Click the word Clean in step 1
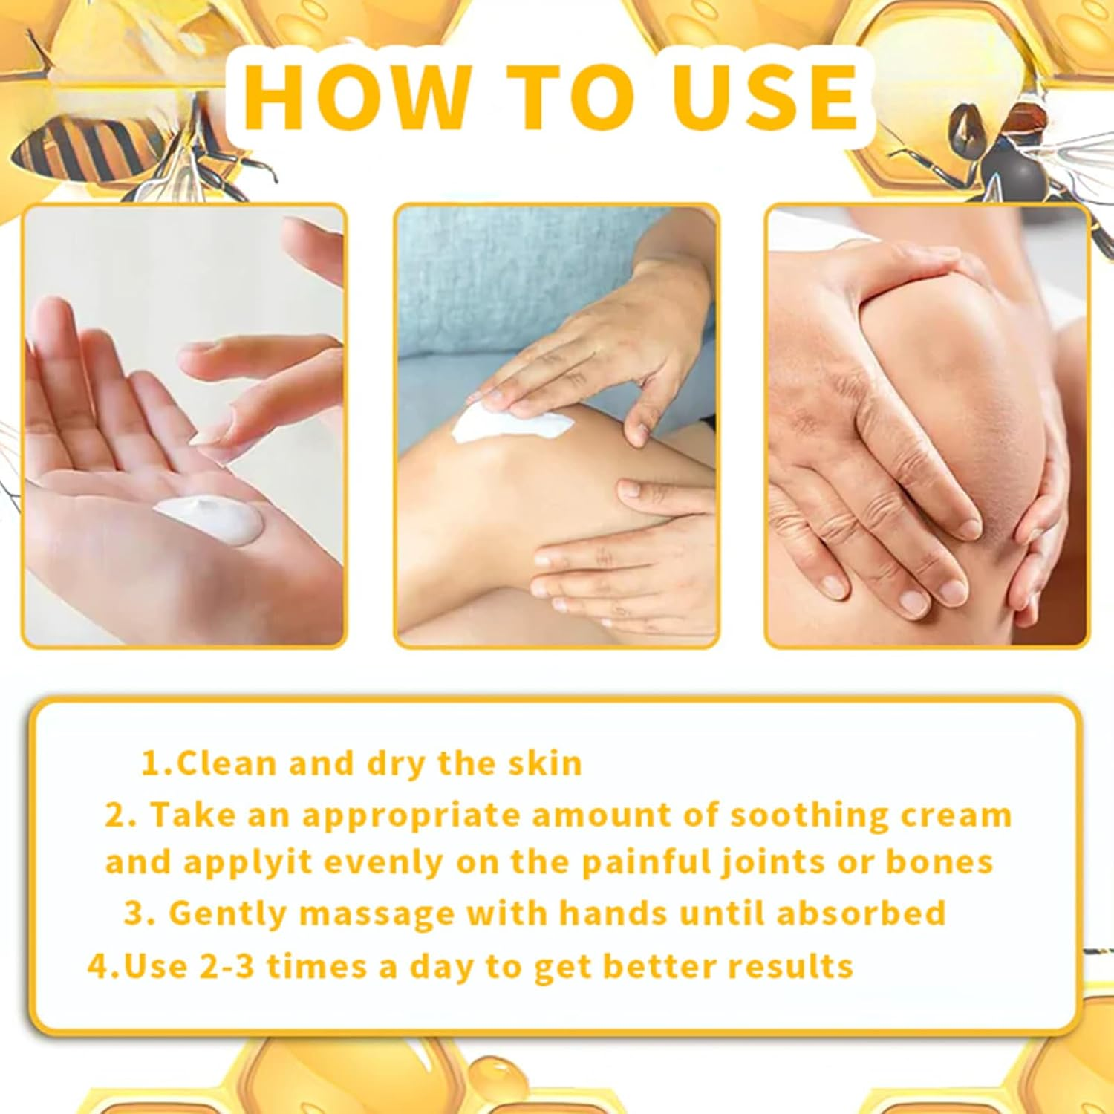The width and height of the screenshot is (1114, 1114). coord(227,763)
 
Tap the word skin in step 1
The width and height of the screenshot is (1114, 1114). coord(545,763)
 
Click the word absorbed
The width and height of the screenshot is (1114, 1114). coord(861,913)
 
